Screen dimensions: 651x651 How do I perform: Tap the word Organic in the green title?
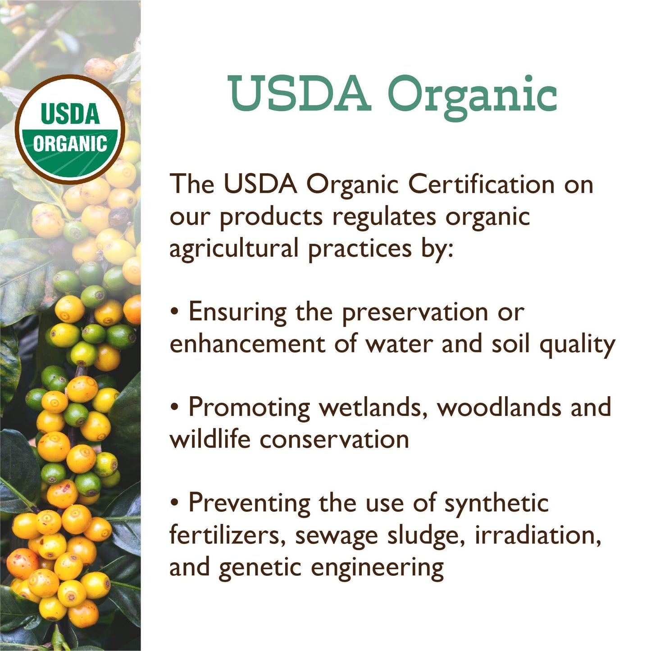(472, 97)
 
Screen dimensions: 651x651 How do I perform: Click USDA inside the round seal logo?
(70, 114)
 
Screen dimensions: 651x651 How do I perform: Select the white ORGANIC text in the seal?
(70, 144)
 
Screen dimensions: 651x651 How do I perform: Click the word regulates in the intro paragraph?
(384, 217)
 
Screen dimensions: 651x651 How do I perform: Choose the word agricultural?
(234, 249)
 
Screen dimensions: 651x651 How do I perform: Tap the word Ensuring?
(237, 312)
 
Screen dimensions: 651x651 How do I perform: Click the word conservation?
(334, 440)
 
